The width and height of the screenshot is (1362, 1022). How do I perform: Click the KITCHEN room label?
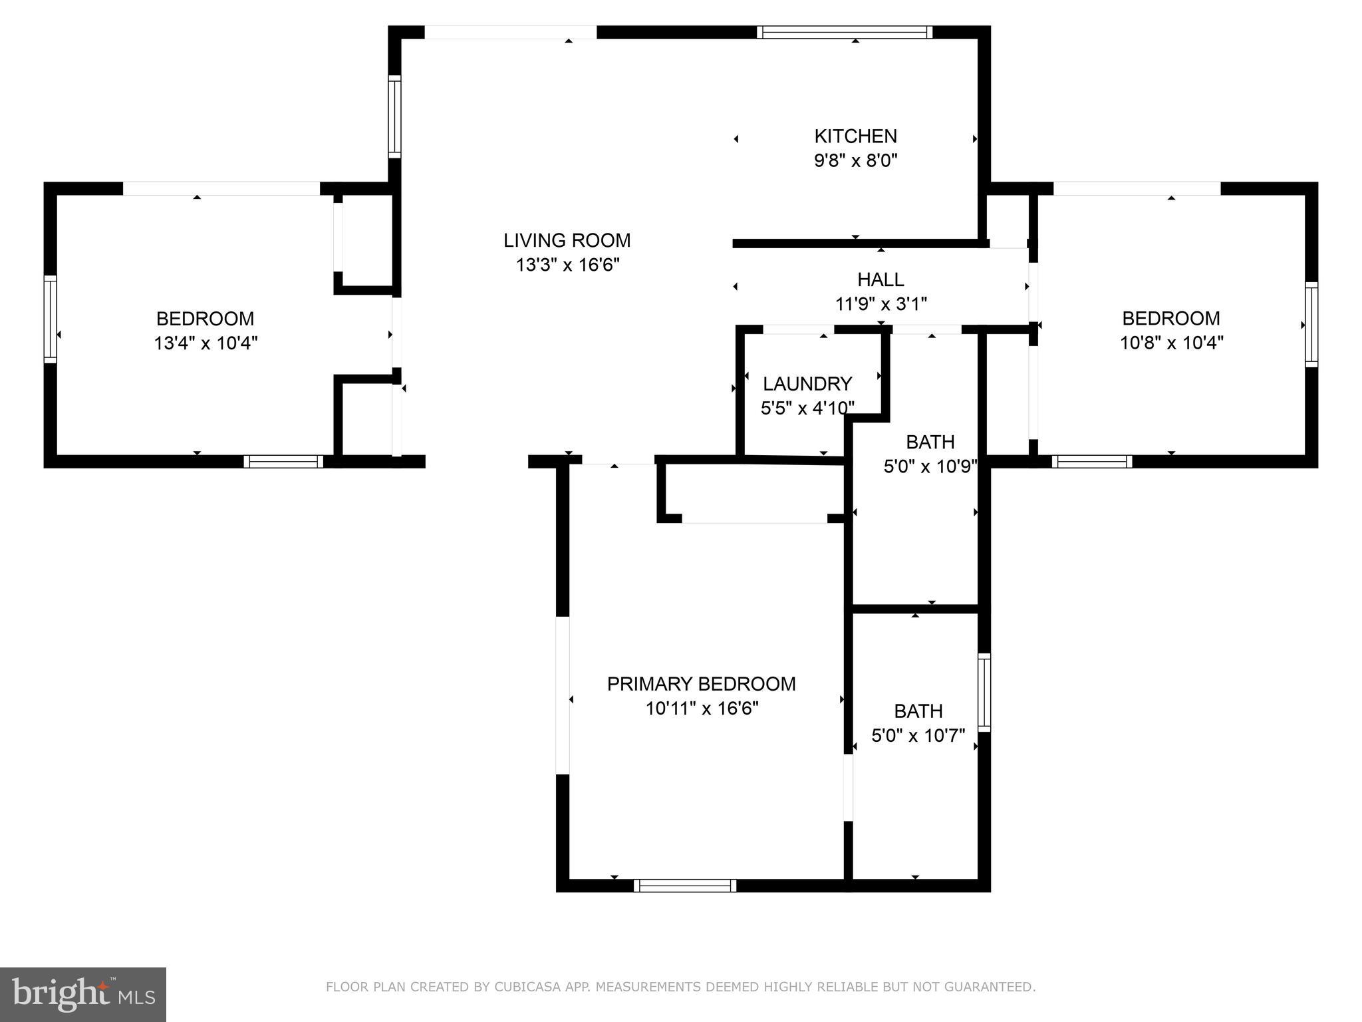(x=855, y=136)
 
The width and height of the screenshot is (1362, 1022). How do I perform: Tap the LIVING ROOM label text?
(x=567, y=240)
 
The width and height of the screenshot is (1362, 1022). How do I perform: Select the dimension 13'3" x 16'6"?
(x=567, y=265)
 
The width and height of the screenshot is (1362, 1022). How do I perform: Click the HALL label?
(x=881, y=279)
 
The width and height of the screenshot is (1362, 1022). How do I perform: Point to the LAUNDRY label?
(x=807, y=384)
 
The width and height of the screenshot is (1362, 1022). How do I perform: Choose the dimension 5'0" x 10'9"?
(x=930, y=466)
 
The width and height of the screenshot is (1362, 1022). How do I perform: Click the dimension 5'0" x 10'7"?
(x=918, y=736)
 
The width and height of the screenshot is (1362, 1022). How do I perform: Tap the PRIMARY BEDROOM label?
(x=701, y=684)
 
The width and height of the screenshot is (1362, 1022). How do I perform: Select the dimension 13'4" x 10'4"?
(x=205, y=343)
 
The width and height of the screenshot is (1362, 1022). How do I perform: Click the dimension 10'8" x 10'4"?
(x=1171, y=343)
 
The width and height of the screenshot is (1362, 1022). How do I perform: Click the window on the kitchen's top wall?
(x=844, y=32)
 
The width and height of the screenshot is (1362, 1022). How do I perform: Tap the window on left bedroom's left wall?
(x=51, y=319)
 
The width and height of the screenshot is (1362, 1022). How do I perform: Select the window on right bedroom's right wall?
(x=1311, y=324)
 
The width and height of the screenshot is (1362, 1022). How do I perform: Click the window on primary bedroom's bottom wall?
(x=685, y=885)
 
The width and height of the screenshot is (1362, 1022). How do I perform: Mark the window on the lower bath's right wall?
(x=984, y=692)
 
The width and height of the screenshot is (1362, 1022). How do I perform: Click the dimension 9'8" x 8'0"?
(x=855, y=161)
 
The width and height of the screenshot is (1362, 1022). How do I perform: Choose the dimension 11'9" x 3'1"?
(x=881, y=304)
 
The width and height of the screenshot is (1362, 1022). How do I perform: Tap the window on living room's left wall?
(x=395, y=116)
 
